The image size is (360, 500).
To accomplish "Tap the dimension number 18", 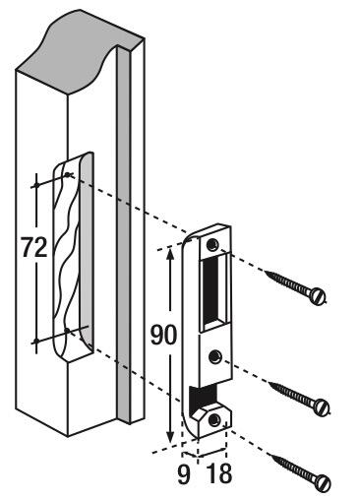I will coord(218,473).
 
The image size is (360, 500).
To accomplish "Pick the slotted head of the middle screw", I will coord(320,405).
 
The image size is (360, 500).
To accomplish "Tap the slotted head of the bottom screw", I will coord(320,482).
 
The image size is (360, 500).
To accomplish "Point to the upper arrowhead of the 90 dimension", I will coord(171,251).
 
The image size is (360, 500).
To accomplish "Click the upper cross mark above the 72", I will coord(36,183).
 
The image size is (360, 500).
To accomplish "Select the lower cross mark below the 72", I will coord(37,342).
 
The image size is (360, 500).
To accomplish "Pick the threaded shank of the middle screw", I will coord(291,393).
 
